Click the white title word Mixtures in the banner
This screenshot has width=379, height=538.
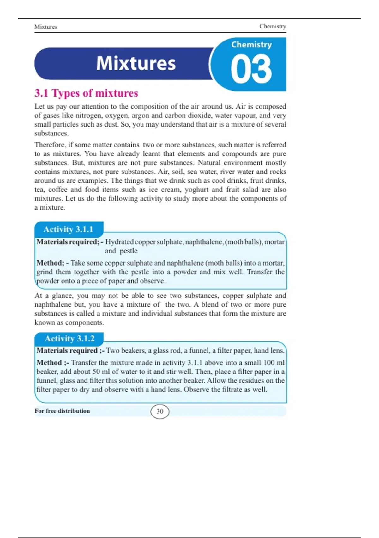[x=136, y=63]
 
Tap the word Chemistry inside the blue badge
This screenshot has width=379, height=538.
[x=251, y=45]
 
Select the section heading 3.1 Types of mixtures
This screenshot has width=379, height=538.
[x=86, y=93]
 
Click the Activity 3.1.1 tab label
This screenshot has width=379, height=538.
[x=68, y=229]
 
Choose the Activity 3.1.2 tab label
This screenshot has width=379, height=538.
[x=69, y=339]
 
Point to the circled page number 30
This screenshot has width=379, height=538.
[x=160, y=411]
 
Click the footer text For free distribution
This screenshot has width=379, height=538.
[x=62, y=411]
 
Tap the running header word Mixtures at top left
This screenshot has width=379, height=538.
[x=46, y=27]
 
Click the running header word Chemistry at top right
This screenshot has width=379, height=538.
[x=273, y=26]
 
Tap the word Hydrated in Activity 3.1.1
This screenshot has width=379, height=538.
[x=119, y=242]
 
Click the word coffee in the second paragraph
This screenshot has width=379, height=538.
[x=58, y=190]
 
